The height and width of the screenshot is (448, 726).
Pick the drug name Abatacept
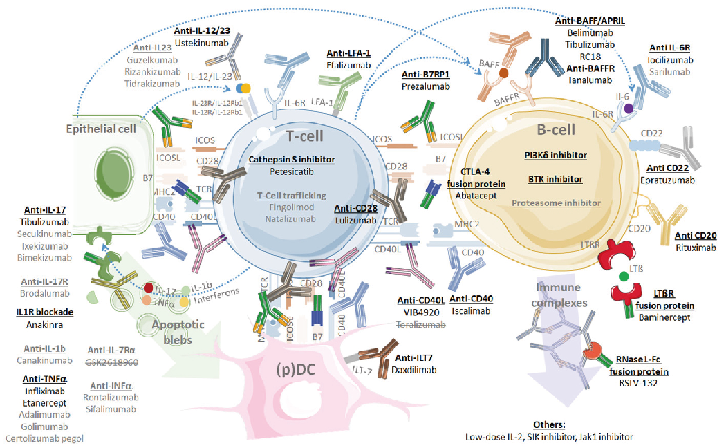point(481,195)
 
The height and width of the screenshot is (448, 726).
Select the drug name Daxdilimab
point(419,370)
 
